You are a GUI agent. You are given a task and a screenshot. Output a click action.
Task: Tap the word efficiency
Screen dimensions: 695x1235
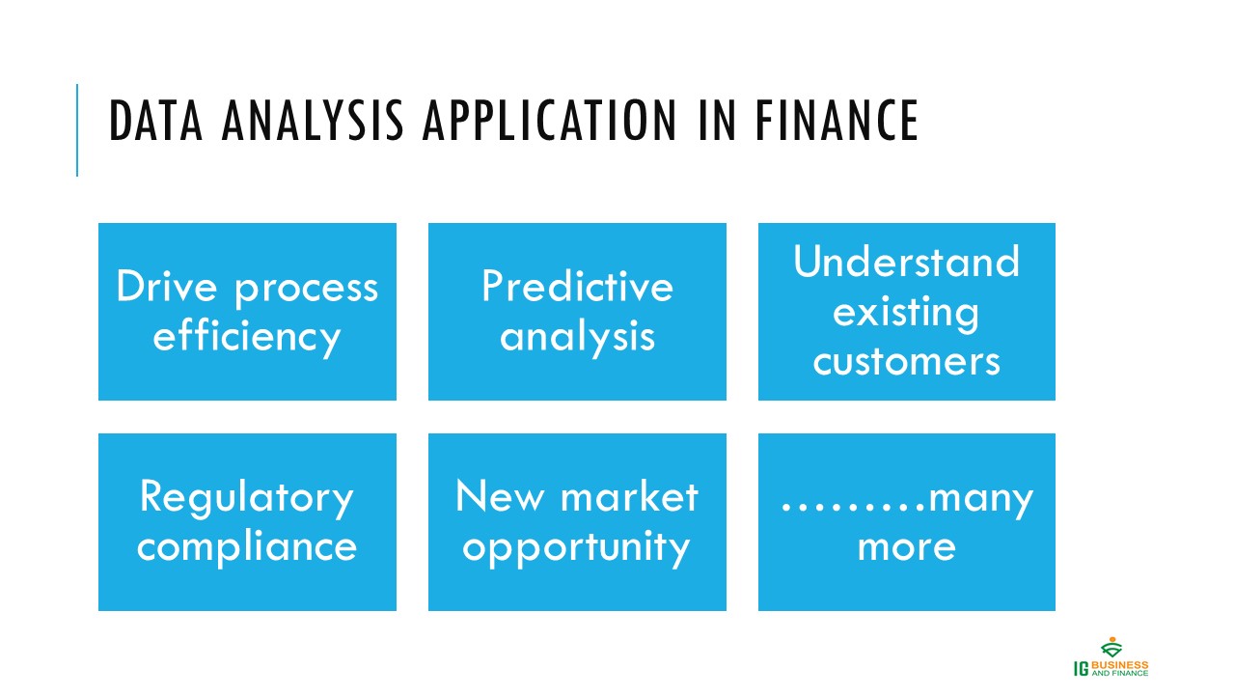[x=247, y=337]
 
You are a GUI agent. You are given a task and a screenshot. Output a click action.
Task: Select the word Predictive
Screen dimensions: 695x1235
[x=577, y=287]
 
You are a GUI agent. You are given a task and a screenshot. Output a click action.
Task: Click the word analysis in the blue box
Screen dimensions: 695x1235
[x=577, y=337]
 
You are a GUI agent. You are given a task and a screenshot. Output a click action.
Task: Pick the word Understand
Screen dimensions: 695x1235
[x=906, y=262]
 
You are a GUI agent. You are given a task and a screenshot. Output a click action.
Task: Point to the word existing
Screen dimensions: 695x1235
[x=906, y=312]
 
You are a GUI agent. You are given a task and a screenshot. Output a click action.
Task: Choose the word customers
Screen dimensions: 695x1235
[x=906, y=362]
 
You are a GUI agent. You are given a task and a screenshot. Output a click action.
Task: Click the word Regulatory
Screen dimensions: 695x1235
[x=247, y=497]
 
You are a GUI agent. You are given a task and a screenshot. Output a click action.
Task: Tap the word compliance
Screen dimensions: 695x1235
[x=247, y=547]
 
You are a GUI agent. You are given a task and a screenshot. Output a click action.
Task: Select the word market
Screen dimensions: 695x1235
[x=628, y=497]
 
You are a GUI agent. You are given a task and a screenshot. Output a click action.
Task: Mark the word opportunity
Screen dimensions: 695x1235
[x=577, y=547]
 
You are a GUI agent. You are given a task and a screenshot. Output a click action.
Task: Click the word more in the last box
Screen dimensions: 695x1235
[x=906, y=547]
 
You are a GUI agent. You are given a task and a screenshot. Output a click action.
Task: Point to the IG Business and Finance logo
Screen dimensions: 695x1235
[x=1111, y=658]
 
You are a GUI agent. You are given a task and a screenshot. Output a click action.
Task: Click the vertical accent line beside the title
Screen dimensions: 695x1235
[x=77, y=130]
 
